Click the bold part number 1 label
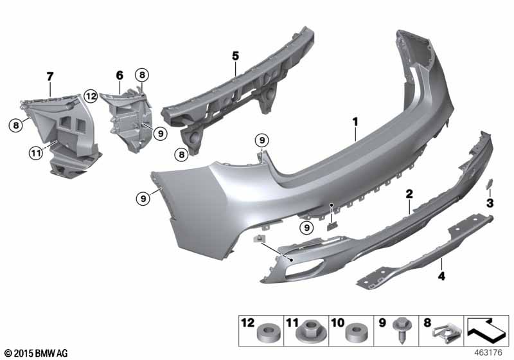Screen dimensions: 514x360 355,122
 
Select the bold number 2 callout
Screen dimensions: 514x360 409,194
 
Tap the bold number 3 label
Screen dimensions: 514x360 490,203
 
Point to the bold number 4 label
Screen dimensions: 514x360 442,276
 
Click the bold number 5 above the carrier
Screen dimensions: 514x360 236,56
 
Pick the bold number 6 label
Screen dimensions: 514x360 120,75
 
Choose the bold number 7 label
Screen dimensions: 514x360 50,77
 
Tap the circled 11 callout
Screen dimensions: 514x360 36,153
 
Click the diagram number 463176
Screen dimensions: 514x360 488,353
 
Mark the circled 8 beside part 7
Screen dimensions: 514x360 15,125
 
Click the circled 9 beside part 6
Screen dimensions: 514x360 160,134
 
